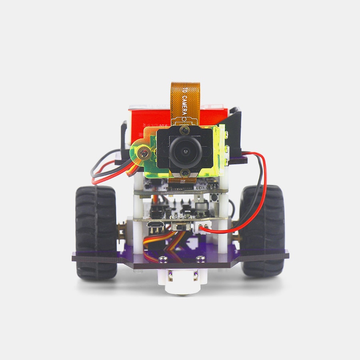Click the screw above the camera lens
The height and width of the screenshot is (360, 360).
(x=184, y=131)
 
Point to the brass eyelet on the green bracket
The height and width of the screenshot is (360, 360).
(x=144, y=152)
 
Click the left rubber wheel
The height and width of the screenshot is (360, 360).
(x=96, y=232)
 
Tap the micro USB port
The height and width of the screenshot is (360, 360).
(x=156, y=224)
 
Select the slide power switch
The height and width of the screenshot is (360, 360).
(x=181, y=227)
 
